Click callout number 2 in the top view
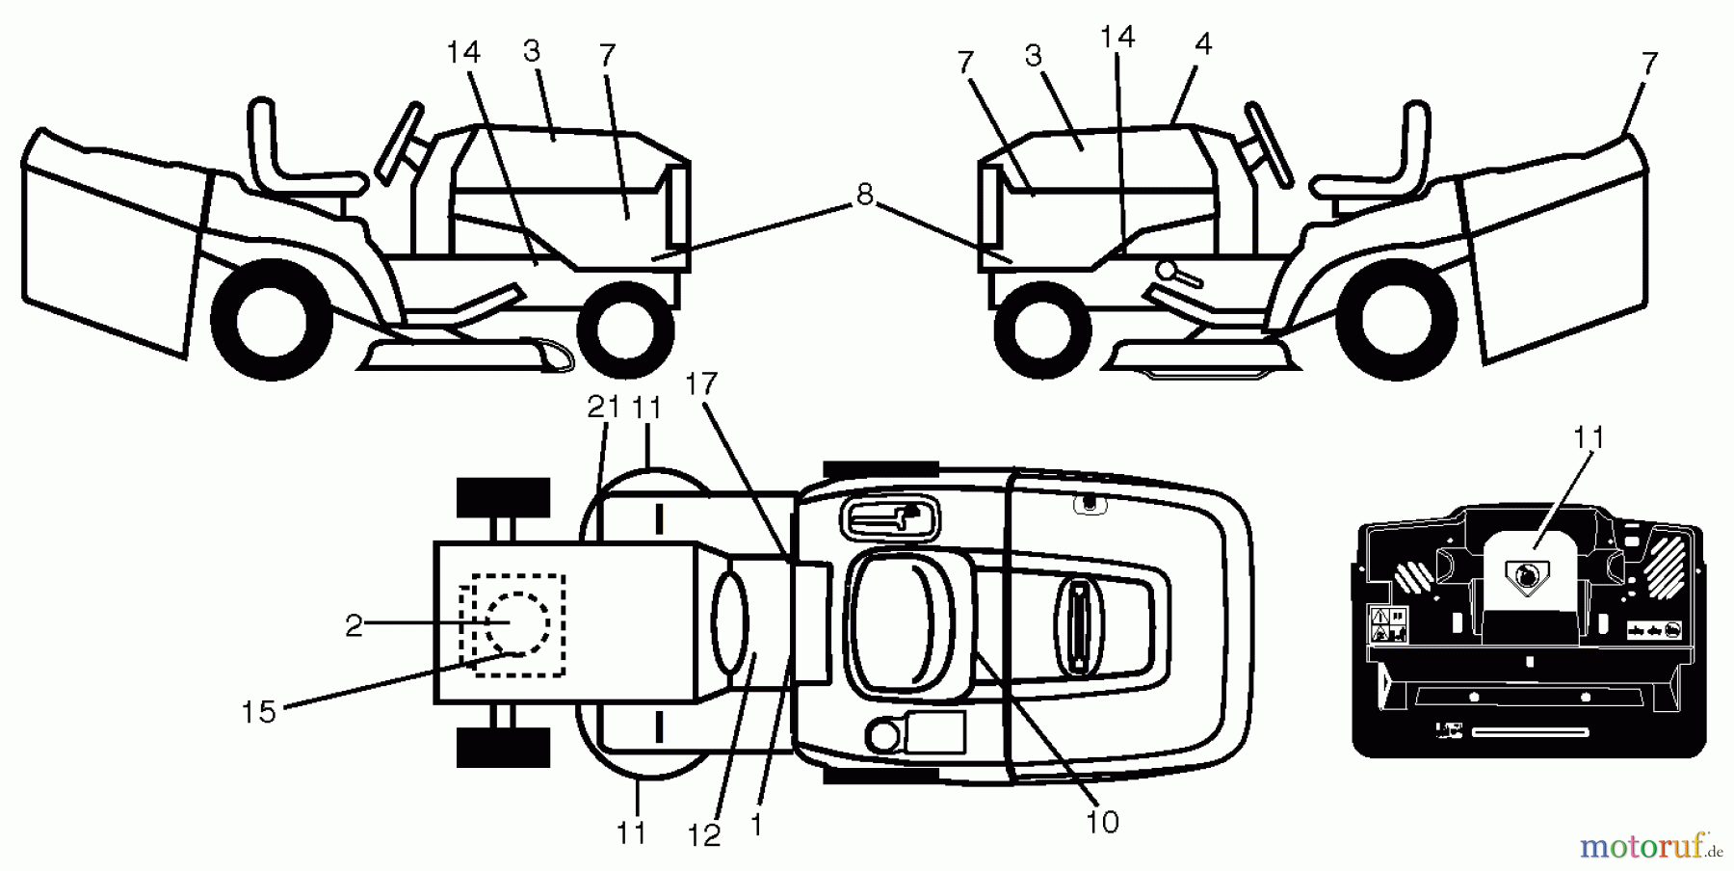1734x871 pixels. [354, 626]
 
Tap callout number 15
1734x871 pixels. [258, 712]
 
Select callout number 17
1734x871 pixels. [701, 385]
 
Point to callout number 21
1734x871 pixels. [604, 408]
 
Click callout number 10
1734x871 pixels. [1102, 822]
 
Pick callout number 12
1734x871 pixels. [704, 836]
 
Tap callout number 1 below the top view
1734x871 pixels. [756, 826]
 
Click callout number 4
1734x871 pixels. [1202, 44]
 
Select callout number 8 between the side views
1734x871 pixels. [864, 196]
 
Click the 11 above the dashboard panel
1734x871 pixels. [1589, 438]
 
